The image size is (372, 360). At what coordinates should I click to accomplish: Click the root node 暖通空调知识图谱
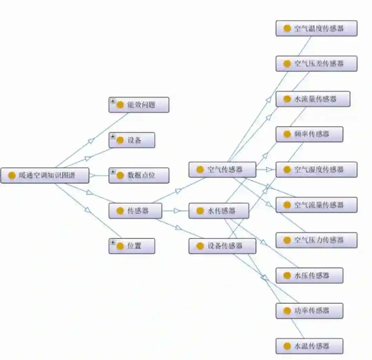[45, 176]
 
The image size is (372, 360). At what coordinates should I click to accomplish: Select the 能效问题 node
[139, 105]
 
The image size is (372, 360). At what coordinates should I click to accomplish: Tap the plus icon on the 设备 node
[113, 137]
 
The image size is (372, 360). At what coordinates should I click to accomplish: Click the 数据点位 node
[139, 176]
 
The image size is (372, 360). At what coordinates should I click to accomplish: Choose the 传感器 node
[135, 211]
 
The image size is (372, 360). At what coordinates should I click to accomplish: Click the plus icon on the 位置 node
[113, 242]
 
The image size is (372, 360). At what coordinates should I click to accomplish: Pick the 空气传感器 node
[222, 170]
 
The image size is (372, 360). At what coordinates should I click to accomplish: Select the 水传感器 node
[219, 211]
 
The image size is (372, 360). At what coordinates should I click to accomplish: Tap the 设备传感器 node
[222, 246]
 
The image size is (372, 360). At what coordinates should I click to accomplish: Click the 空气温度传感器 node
[316, 28]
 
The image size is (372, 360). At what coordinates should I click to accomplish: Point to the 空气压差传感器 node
[316, 64]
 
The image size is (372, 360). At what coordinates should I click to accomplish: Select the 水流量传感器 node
[313, 99]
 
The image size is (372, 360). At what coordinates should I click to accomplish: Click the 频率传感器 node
[309, 134]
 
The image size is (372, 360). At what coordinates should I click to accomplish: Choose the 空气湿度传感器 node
[316, 170]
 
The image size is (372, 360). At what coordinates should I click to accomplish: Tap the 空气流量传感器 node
[316, 205]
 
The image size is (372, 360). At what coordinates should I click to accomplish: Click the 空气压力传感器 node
[316, 240]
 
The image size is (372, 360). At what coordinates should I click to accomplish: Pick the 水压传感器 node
[309, 276]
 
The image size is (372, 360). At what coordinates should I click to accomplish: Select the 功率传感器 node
[309, 311]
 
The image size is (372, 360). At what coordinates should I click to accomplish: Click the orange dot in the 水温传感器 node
[287, 346]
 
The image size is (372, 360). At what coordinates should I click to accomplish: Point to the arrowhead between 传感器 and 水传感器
[177, 211]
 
